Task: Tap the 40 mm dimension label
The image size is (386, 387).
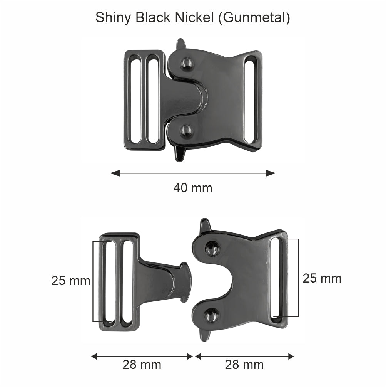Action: point(192,188)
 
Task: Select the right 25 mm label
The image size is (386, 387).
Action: point(322,278)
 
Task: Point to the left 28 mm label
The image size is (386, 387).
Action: point(142,364)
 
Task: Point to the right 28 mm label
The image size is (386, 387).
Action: point(244,364)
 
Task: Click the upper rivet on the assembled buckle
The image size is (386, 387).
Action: point(187,63)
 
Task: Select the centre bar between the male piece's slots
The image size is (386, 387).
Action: point(118,281)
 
